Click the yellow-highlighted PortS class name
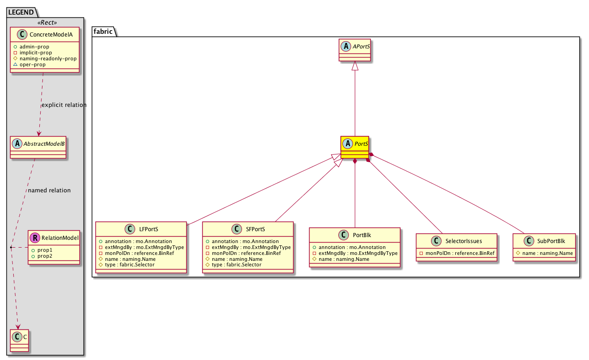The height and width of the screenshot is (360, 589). [361, 144]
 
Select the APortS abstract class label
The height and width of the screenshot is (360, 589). [361, 47]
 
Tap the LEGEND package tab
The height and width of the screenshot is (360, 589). [21, 12]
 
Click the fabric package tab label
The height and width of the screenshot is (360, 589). [103, 32]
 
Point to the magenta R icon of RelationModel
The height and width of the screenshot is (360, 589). [35, 238]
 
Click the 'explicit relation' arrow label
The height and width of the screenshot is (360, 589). [64, 105]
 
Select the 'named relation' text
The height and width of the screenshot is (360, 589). [49, 190]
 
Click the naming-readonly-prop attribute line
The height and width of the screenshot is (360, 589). [45, 58]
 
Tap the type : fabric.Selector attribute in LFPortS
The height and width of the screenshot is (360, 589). [127, 265]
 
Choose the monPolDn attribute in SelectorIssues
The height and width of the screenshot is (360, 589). [457, 253]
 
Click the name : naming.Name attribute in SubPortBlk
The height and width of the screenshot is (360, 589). [544, 253]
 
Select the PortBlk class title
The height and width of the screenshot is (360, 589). [362, 235]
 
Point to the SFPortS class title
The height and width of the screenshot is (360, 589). [255, 229]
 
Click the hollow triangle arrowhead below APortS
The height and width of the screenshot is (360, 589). [355, 66]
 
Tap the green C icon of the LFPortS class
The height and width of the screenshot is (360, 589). [130, 229]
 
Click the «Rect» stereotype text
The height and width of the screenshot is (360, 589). [47, 23]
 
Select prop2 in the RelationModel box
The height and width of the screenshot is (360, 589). [42, 256]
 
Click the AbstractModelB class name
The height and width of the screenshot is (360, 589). [44, 144]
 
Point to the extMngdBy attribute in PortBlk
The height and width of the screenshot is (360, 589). [355, 253]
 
